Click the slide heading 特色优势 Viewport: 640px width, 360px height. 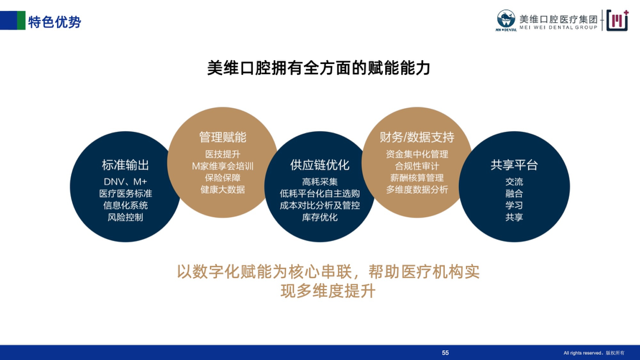[54, 22]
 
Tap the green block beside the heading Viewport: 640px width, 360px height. [21, 20]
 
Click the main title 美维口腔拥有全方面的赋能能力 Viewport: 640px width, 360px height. [319, 68]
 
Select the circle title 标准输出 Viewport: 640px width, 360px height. [125, 165]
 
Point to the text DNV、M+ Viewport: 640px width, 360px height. [125, 182]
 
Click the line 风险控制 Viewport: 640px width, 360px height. [125, 217]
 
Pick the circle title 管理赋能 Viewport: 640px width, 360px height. [223, 137]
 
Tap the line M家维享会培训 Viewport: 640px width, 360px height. [223, 166]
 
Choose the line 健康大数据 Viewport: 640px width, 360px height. [223, 189]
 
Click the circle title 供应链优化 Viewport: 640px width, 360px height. [320, 165]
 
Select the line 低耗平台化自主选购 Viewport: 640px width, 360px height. [320, 194]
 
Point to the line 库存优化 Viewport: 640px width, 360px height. [320, 217]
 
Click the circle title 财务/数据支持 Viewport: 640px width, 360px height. [417, 137]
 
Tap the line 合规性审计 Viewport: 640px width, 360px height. [417, 166]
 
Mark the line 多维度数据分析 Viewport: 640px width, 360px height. [417, 189]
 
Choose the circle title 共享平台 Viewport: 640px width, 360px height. [514, 165]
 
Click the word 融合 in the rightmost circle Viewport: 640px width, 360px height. [514, 194]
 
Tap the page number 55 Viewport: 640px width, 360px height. [445, 353]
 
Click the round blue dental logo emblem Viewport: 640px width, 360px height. [506, 19]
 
